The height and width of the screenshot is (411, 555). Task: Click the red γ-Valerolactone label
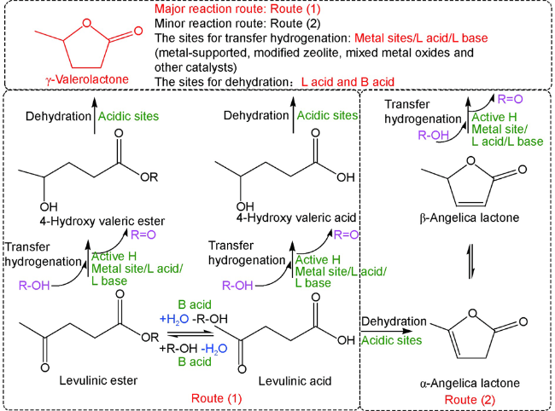click(x=87, y=79)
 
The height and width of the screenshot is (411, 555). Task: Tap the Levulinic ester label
click(x=98, y=380)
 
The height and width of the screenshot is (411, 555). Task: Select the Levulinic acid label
click(x=295, y=381)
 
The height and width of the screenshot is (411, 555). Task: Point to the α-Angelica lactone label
click(x=470, y=383)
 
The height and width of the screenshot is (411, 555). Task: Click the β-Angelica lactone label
click(x=470, y=217)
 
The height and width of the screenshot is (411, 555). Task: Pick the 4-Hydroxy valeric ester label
click(x=102, y=221)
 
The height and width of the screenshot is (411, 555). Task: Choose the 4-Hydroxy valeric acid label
click(x=296, y=217)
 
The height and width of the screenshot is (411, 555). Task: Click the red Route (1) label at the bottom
click(x=217, y=398)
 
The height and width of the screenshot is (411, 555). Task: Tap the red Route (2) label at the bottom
click(x=470, y=400)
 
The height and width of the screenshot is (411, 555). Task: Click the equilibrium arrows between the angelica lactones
click(x=470, y=261)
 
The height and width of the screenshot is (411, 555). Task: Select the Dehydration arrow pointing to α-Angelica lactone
click(x=387, y=331)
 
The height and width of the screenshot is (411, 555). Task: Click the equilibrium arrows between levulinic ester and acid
click(x=190, y=334)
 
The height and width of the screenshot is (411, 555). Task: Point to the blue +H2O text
click(x=174, y=319)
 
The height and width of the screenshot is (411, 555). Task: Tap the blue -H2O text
click(x=214, y=349)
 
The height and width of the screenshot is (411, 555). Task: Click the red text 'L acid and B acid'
click(x=348, y=82)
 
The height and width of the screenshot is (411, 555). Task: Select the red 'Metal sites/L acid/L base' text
click(x=421, y=38)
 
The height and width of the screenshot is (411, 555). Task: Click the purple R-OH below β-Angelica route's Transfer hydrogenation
click(x=433, y=135)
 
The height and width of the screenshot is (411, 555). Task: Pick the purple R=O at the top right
click(x=510, y=99)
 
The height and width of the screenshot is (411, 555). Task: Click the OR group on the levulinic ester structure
click(x=149, y=338)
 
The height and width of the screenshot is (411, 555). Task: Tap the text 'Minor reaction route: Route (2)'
click(x=237, y=23)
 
